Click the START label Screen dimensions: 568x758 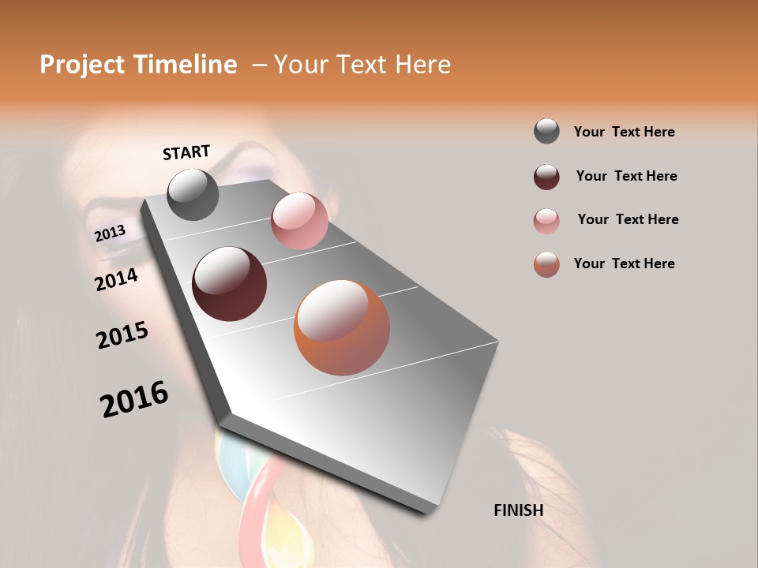186,152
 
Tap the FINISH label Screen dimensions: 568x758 518,510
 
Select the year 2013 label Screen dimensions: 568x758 110,234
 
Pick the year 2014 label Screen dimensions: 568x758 116,279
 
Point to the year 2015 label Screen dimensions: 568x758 122,335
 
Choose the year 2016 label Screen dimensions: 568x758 134,399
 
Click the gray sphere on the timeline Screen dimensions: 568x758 193,194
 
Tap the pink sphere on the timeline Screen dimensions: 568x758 299,221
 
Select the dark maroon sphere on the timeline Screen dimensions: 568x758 229,284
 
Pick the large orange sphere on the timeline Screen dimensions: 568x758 342,327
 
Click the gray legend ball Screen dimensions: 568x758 546,131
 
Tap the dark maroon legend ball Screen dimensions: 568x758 546,177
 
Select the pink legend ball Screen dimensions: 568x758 546,221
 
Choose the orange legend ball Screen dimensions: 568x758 546,264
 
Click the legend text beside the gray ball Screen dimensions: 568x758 624,132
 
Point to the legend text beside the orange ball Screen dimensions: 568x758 624,263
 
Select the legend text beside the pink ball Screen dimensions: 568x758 628,219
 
